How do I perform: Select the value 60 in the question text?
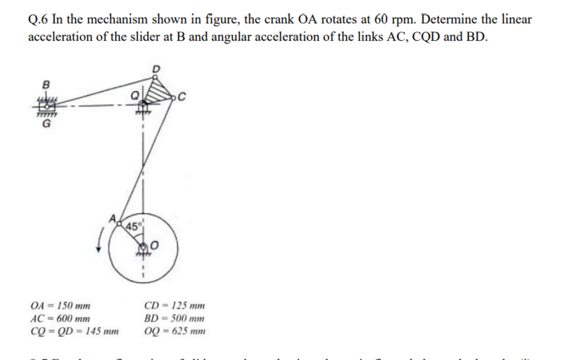coord(381,20)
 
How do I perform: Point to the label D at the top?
coord(157,69)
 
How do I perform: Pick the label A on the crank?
coord(113,218)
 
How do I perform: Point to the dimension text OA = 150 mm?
coord(61,307)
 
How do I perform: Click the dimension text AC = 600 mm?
coord(61,319)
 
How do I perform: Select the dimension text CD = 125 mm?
coord(175,307)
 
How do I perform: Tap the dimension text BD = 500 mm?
coord(175,319)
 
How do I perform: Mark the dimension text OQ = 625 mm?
coord(175,331)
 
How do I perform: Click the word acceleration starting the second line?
coord(61,38)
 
